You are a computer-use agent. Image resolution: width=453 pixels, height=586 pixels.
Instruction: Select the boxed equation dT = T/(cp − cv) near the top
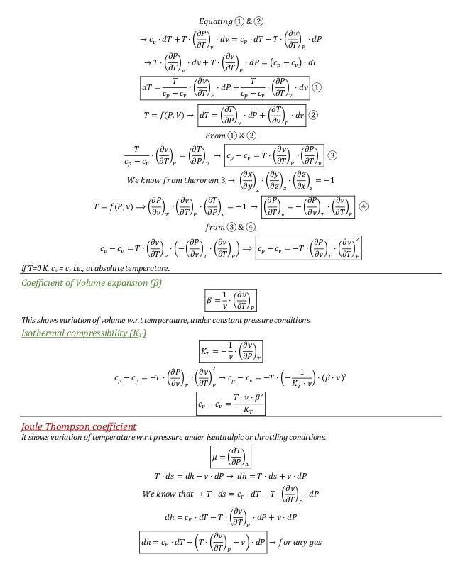pyautogui.click(x=224, y=87)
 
